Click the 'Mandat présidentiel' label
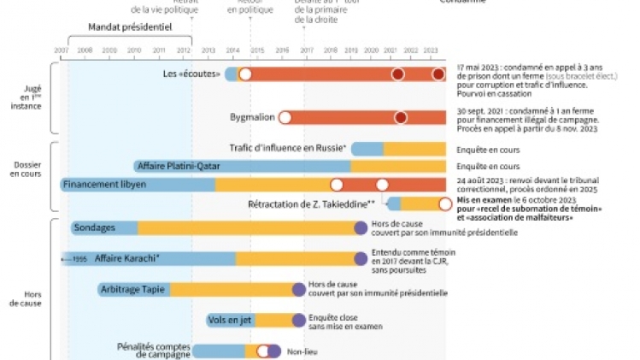(130, 27)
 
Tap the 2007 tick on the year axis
(62, 51)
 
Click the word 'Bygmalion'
(250, 117)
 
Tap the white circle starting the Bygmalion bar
(285, 117)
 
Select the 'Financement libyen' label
(109, 184)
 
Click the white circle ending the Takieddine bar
(444, 204)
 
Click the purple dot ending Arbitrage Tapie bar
(299, 289)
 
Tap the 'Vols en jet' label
(229, 320)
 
